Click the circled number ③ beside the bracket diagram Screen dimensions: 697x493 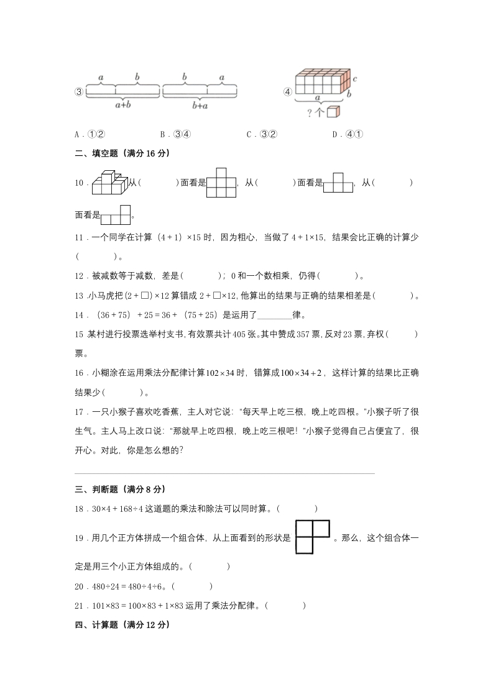[79, 92]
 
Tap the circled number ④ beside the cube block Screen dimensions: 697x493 [288, 92]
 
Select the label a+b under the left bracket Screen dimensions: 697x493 [122, 105]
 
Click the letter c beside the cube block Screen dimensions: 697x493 [354, 80]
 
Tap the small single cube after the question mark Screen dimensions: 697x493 [334, 112]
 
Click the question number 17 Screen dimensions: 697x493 [79, 411]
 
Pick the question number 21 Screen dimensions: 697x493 [79, 606]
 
